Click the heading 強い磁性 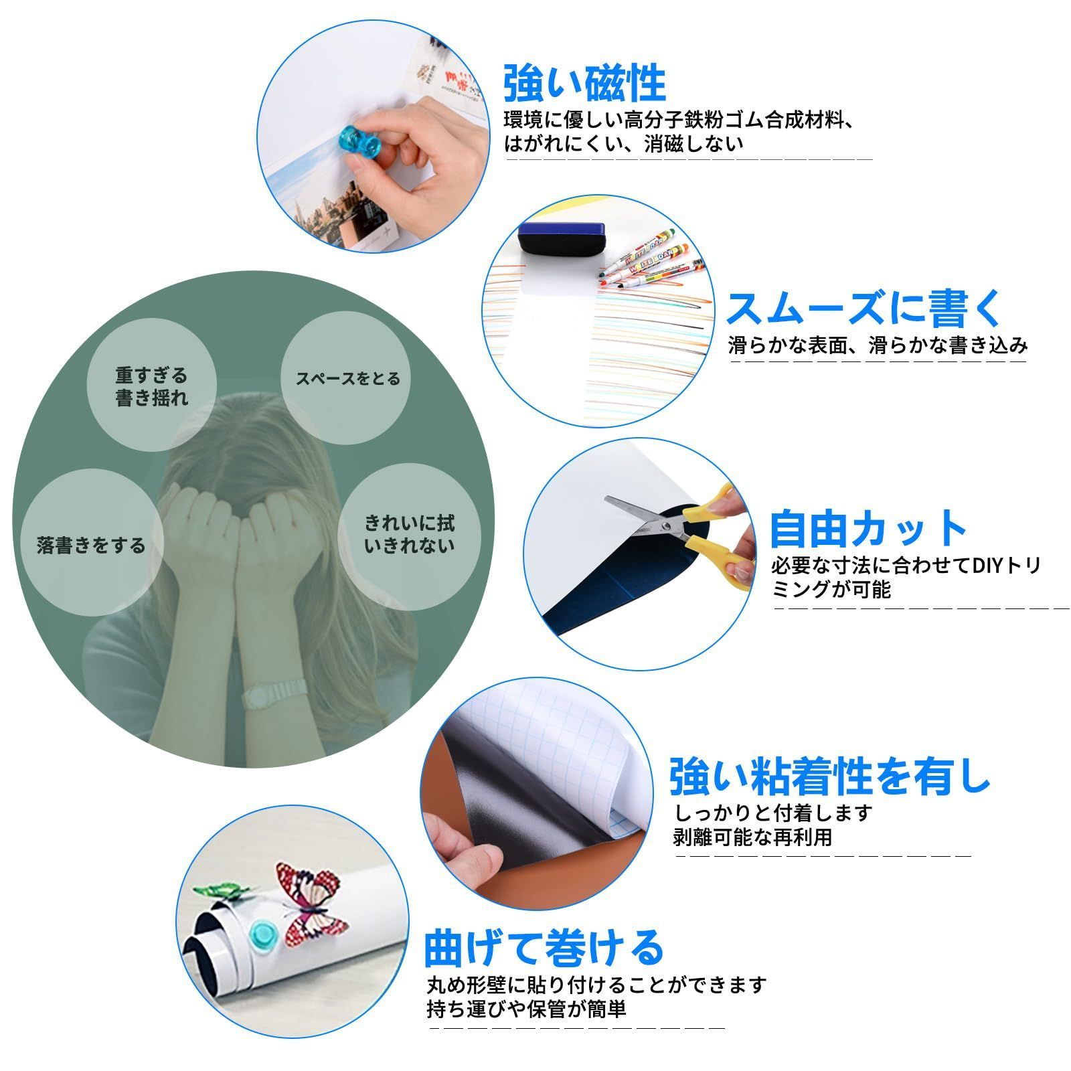(584, 83)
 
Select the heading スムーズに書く (866, 309)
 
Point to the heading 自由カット (868, 529)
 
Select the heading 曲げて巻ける (544, 947)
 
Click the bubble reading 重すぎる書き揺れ (152, 386)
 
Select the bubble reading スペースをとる (347, 379)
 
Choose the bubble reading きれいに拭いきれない (409, 533)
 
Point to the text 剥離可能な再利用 (753, 837)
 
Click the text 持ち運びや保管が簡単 (527, 1008)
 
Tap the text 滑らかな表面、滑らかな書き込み (878, 345)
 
